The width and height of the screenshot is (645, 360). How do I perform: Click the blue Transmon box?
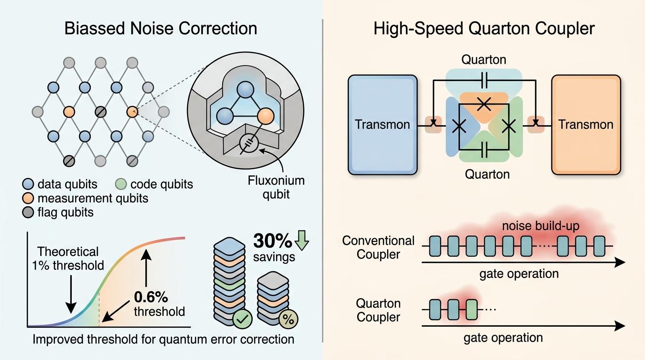[382, 124]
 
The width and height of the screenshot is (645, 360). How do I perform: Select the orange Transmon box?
[586, 124]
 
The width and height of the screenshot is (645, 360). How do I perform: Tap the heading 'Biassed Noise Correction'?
[161, 28]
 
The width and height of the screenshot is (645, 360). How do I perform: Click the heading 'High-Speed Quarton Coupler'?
[484, 28]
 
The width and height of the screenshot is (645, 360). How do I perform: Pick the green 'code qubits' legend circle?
[121, 184]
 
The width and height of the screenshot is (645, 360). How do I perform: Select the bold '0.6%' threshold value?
[151, 297]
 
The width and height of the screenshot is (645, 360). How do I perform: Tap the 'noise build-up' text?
[540, 226]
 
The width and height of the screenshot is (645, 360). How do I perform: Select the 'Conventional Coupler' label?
[378, 247]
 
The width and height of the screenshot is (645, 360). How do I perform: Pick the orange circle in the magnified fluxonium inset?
[265, 116]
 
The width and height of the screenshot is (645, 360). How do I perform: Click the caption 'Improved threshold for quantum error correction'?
[163, 339]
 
